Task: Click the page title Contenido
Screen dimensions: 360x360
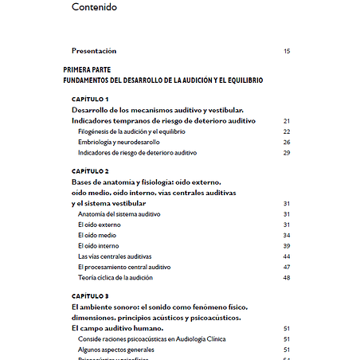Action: coord(93,8)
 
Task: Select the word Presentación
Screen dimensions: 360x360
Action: coord(100,50)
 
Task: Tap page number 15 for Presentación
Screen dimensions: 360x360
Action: coord(287,51)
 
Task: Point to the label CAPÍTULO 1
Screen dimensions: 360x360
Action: coord(90,99)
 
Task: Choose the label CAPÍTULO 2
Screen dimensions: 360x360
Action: coord(90,171)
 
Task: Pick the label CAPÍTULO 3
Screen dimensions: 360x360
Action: coord(90,296)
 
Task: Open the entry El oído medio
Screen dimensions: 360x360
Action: coord(97,236)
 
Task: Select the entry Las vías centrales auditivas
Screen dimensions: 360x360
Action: coord(115,256)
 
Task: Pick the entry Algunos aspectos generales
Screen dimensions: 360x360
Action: coord(116,349)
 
